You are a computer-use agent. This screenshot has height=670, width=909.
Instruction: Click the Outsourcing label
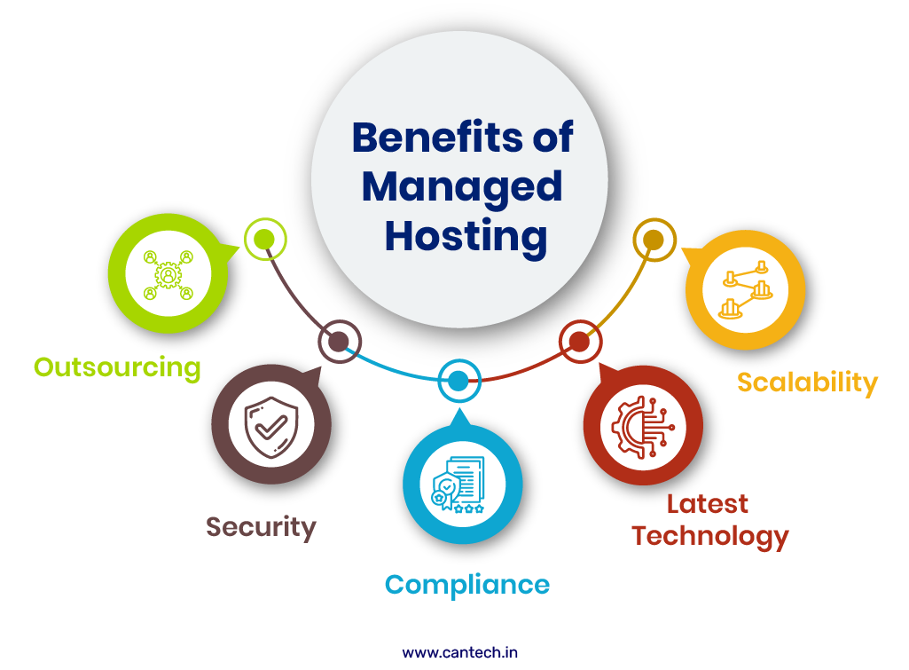pos(118,367)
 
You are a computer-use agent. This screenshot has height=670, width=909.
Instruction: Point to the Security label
pos(261,527)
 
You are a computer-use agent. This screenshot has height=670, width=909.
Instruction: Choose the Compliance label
pos(466,585)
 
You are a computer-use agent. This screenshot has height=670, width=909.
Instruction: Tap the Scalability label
pos(807,382)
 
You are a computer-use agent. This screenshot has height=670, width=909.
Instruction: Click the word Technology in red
pos(710,536)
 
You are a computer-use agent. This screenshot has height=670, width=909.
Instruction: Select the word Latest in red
pos(708,504)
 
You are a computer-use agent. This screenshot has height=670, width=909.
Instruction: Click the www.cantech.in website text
pos(459,652)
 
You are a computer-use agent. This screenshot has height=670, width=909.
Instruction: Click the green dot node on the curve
pos(263,239)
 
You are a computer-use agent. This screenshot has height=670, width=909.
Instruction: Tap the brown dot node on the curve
pos(339,342)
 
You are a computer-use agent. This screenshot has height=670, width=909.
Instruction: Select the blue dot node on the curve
pos(458,382)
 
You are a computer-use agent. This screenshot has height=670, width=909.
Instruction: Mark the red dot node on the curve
pos(579,342)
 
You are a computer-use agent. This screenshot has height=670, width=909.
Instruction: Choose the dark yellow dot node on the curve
pos(654,240)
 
